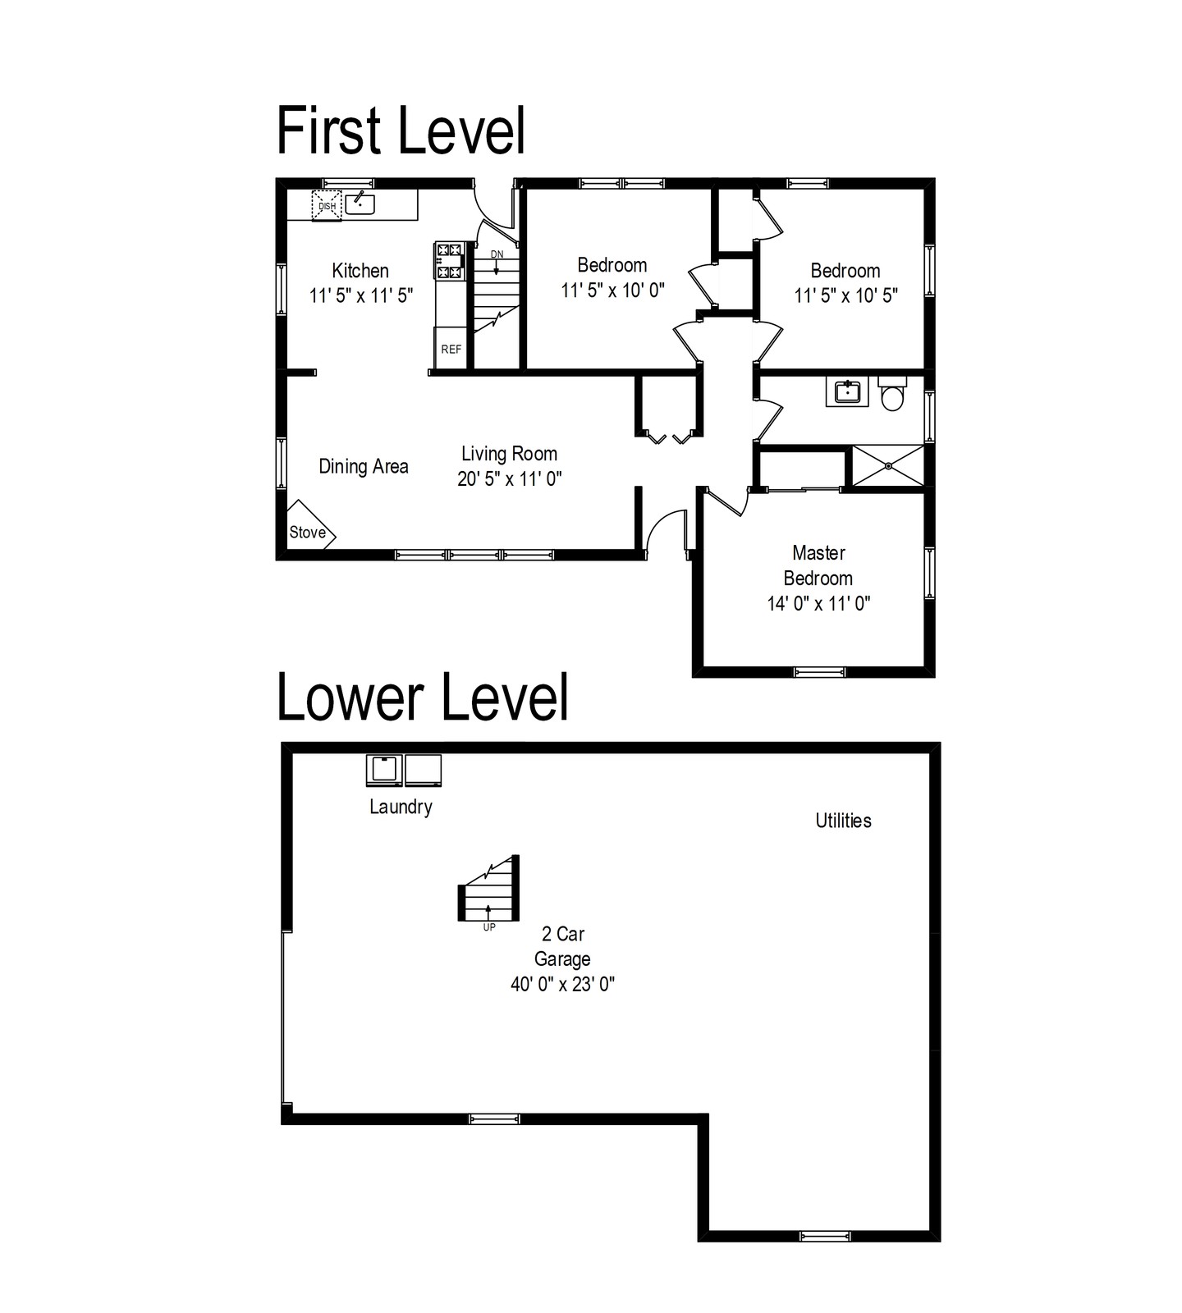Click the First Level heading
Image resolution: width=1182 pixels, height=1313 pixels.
[x=401, y=130]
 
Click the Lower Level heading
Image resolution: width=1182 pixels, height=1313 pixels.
[x=423, y=697]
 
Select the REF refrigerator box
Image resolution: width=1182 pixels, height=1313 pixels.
[x=451, y=349]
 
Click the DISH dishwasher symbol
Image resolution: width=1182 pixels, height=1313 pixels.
[x=327, y=205]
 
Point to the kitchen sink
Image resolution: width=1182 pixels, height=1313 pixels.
[x=360, y=202]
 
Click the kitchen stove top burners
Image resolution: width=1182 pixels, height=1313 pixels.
[x=449, y=261]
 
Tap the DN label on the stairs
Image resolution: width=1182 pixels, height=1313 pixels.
[x=497, y=254]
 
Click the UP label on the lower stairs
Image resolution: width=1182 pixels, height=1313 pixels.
[x=489, y=928]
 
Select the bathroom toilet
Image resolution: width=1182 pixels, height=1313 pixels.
[x=892, y=394]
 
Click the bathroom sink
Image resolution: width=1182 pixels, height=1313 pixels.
[x=846, y=392]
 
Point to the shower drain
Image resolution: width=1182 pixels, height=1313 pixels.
[x=889, y=466]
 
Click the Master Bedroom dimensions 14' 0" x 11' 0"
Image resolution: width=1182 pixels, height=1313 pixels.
[x=818, y=604]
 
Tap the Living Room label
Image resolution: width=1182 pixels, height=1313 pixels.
[x=509, y=454]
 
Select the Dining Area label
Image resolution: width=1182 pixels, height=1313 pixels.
[x=364, y=467]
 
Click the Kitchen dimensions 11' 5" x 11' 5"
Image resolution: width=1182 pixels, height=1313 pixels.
[x=361, y=295]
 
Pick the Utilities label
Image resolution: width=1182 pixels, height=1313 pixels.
[x=843, y=821]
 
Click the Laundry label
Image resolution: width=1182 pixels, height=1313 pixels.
[x=401, y=807]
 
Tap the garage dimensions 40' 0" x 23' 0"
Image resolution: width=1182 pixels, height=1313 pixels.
[x=562, y=984]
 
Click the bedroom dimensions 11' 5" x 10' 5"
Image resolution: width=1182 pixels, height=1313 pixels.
[x=845, y=295]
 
